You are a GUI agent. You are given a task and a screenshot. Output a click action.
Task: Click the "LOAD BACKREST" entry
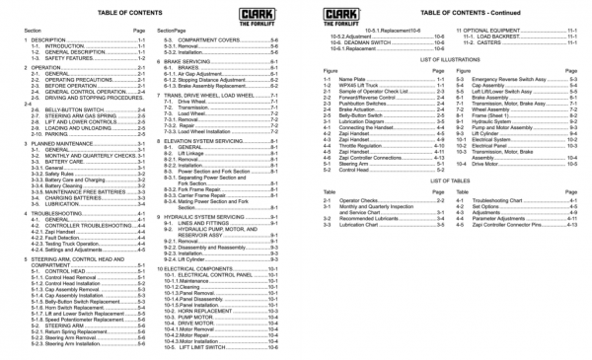(492, 39)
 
